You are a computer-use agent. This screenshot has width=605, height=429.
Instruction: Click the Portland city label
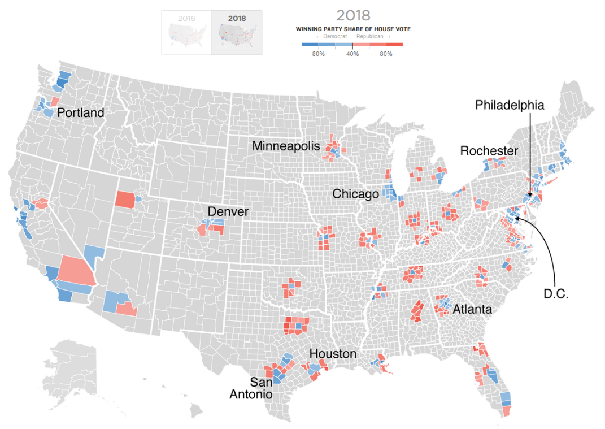(81, 113)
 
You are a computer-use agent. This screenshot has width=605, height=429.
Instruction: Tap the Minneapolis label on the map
(286, 146)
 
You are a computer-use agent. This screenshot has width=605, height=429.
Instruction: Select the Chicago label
(355, 194)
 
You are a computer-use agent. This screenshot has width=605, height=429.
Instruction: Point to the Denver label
(228, 212)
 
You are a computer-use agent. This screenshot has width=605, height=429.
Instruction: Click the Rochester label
(489, 151)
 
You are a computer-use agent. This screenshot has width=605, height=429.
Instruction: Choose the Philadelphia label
(510, 105)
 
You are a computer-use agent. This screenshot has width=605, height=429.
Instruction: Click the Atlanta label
(472, 310)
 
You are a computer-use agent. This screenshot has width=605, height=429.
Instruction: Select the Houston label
(333, 354)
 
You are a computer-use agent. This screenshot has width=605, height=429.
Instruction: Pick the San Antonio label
(251, 388)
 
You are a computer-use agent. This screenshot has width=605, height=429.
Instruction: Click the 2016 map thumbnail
(186, 33)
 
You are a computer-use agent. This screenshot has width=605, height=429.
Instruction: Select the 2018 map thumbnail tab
(237, 33)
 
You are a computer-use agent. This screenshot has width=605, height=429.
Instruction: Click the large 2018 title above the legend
(353, 15)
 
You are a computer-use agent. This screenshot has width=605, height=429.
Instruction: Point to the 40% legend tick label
(352, 54)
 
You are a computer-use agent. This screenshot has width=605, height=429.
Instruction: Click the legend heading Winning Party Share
(353, 29)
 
